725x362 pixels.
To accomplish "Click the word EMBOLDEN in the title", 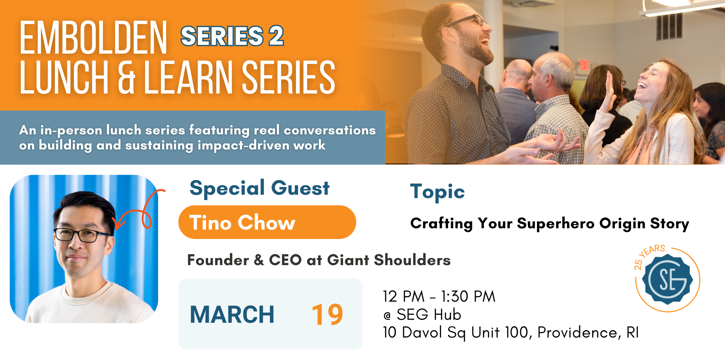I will point(93,38).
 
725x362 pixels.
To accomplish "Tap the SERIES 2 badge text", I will point(232,36).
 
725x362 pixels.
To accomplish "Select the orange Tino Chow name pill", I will point(267,222).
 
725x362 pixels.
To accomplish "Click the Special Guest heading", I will point(259,188).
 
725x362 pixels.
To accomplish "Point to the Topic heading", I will point(437,192).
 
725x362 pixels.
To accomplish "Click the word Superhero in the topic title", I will point(555,224).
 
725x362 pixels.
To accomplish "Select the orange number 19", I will point(327,315).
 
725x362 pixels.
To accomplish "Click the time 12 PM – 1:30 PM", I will point(439,297).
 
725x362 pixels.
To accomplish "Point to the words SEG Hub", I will point(429,315).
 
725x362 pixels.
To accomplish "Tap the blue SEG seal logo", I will point(667,280).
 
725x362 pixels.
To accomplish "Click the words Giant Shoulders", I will point(389,260).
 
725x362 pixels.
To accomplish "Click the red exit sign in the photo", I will point(584,65).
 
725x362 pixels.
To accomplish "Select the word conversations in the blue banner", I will point(330,130).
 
